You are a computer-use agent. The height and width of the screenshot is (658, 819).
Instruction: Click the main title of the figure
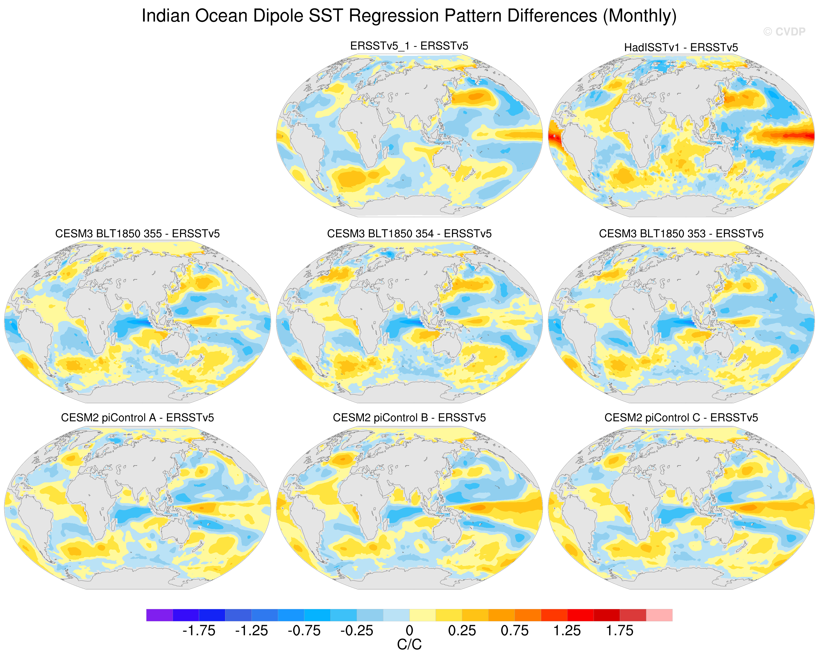409,16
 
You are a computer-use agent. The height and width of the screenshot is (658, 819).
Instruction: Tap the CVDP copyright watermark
784,32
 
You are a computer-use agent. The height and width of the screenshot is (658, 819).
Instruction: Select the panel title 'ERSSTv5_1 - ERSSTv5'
409,46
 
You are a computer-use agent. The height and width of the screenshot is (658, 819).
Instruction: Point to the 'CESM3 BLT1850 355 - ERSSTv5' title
138,234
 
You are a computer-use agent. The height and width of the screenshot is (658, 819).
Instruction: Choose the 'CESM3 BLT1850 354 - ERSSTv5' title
409,234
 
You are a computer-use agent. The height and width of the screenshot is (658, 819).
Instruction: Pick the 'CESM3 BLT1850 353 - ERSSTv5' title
681,234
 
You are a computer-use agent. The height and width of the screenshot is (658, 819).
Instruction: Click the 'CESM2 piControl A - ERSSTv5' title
138,418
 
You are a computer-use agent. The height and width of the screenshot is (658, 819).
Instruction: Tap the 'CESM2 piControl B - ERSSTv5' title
409,418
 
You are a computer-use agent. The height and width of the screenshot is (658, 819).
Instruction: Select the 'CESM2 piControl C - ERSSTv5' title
681,418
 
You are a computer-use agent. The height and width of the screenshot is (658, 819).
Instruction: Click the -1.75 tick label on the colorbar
199,631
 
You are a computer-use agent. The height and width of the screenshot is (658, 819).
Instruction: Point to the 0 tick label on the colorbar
409,631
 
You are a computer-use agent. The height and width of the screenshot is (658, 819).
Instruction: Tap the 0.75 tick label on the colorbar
515,631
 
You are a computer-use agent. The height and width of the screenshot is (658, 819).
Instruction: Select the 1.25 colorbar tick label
567,631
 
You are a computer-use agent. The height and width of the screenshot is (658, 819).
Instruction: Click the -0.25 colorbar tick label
357,631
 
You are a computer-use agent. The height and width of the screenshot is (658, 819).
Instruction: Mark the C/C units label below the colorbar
409,644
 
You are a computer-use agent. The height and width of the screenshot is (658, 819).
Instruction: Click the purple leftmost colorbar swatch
160,615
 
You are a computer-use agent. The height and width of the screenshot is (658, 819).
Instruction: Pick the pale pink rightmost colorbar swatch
659,615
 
